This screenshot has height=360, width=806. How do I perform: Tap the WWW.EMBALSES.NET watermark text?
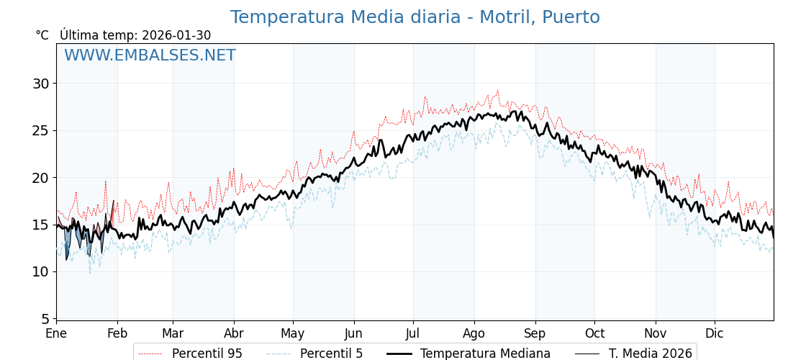pyautogui.click(x=150, y=55)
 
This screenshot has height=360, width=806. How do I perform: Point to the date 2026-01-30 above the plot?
pyautogui.click(x=176, y=35)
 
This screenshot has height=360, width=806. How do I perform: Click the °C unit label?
pyautogui.click(x=42, y=35)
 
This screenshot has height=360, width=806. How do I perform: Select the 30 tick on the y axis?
pyautogui.click(x=40, y=84)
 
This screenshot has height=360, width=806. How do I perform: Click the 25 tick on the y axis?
pyautogui.click(x=40, y=130)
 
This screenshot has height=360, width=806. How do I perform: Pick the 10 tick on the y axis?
pyautogui.click(x=40, y=271)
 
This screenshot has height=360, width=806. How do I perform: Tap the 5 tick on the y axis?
pyautogui.click(x=45, y=318)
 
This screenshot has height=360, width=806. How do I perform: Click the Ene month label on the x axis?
pyautogui.click(x=56, y=333)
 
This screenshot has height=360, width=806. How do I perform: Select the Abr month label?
pyautogui.click(x=234, y=333)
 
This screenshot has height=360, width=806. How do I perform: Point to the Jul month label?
pyautogui.click(x=413, y=333)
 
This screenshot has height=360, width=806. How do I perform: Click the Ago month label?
pyautogui.click(x=474, y=333)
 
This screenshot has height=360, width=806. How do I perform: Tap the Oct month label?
pyautogui.click(x=594, y=333)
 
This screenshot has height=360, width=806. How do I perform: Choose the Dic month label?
pyautogui.click(x=715, y=333)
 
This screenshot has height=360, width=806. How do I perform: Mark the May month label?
pyautogui.click(x=293, y=333)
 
